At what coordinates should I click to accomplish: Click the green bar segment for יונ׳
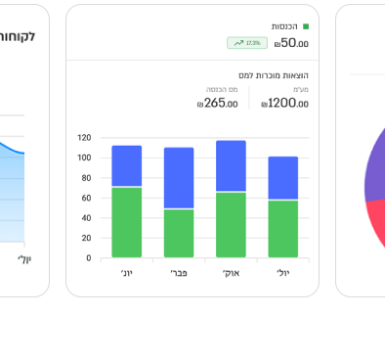tap(126, 222)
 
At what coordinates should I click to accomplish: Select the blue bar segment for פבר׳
tap(179, 177)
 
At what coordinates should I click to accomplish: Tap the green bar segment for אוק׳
tap(231, 224)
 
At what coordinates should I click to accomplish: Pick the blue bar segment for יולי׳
tap(283, 178)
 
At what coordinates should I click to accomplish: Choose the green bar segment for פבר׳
tap(179, 233)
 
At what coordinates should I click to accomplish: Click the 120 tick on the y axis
tap(84, 138)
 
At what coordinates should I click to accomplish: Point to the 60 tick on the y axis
tap(86, 198)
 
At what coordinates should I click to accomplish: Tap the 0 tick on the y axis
tap(88, 258)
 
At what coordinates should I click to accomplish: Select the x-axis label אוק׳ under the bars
tap(231, 273)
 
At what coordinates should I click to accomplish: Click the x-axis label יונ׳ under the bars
tap(126, 273)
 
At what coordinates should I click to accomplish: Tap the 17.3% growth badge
tap(246, 43)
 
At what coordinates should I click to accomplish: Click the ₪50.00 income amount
tap(291, 43)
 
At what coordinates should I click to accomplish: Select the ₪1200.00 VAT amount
tap(284, 103)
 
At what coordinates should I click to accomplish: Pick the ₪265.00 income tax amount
tap(217, 103)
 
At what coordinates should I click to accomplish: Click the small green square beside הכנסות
tap(306, 26)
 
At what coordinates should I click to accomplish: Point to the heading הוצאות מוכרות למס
tap(274, 75)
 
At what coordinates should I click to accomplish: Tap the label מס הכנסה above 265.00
tap(222, 89)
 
